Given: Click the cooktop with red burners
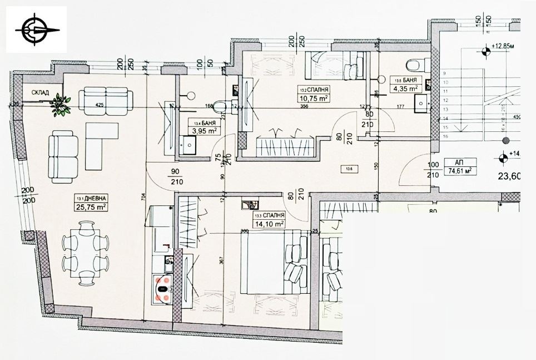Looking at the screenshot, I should [x=163, y=285].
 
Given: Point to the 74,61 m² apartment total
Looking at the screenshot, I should [x=460, y=171].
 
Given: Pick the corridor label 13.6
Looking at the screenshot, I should [x=349, y=169].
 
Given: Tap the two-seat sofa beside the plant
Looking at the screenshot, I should [x=106, y=98].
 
